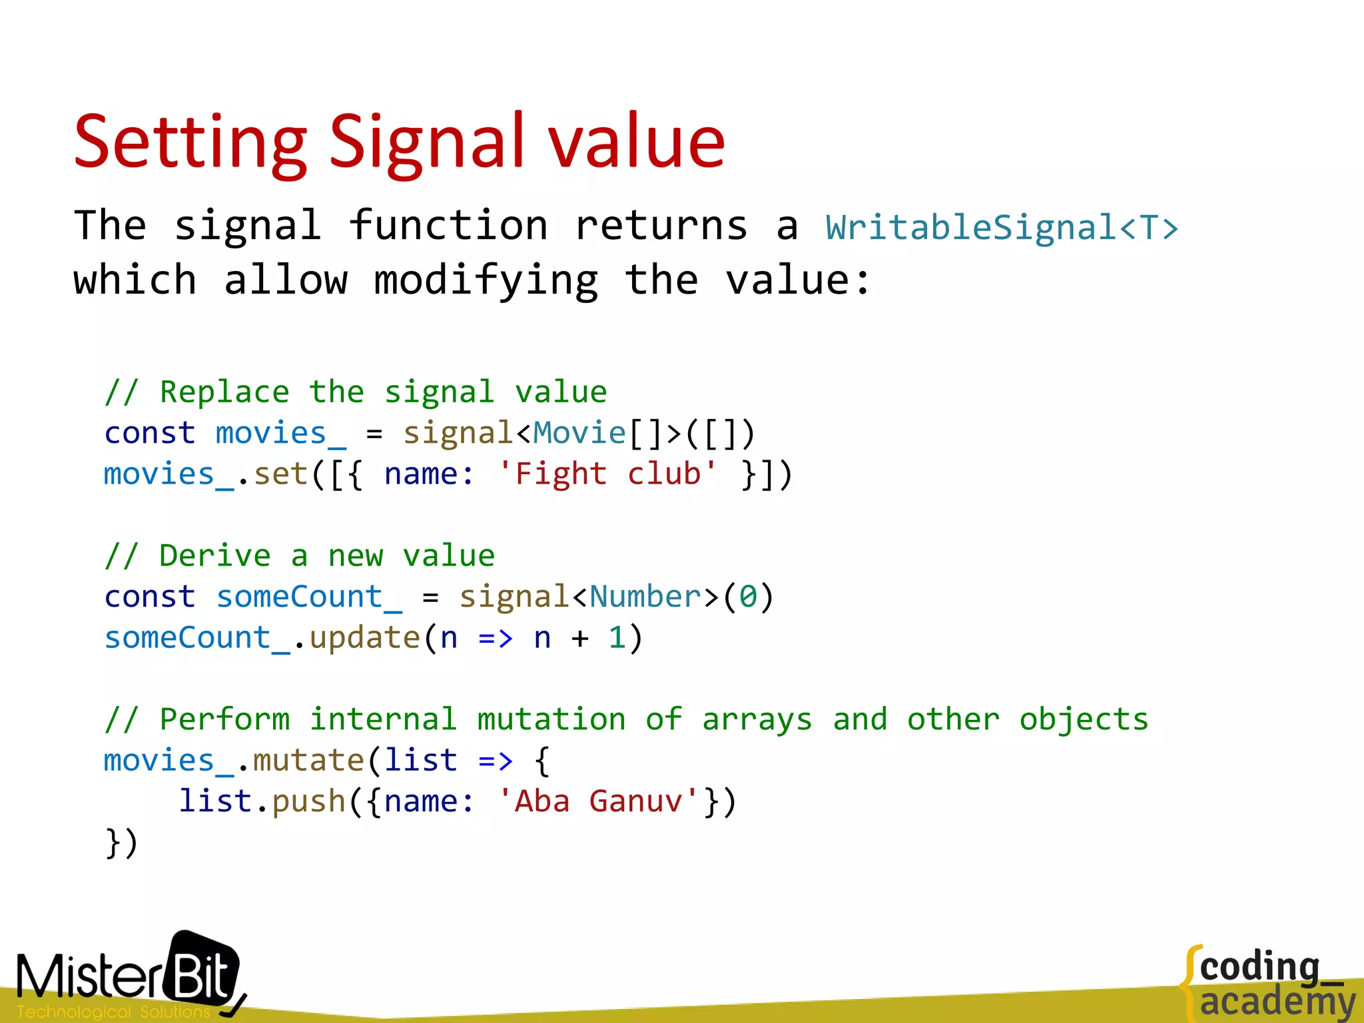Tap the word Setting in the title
click(191, 143)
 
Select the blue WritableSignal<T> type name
click(1002, 228)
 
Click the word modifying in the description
click(486, 280)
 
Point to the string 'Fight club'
click(607, 474)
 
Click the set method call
click(280, 474)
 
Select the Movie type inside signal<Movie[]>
click(579, 434)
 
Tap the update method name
click(365, 638)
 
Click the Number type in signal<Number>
click(645, 597)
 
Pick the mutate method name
click(308, 761)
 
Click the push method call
click(309, 801)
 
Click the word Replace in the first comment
click(224, 392)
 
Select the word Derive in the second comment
click(214, 556)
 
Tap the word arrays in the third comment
click(757, 720)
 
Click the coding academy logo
click(1269, 982)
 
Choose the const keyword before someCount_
click(150, 597)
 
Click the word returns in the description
click(661, 226)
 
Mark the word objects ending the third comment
click(1084, 720)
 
